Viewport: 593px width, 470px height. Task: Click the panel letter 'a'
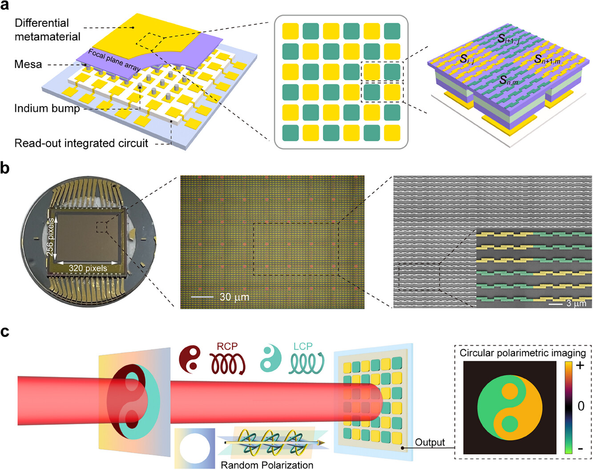(4, 5)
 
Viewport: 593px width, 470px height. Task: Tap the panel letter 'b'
(5, 168)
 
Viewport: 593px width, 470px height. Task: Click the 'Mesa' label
(28, 64)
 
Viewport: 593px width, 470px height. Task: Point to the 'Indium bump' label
(47, 108)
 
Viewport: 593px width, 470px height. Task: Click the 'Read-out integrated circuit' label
(81, 143)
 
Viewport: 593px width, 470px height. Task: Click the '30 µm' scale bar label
(234, 297)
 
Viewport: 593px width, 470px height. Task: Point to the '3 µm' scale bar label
(576, 303)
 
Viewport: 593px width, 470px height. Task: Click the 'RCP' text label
(227, 346)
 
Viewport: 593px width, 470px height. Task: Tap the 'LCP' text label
(303, 346)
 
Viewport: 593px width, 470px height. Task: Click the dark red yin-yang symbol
(190, 359)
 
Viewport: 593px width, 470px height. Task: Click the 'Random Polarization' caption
(267, 465)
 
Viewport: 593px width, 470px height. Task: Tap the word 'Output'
(430, 442)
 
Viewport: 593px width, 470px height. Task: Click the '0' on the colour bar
(581, 406)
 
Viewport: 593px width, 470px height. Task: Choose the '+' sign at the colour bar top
(580, 366)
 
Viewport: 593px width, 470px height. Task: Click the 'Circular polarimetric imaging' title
(523, 353)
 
